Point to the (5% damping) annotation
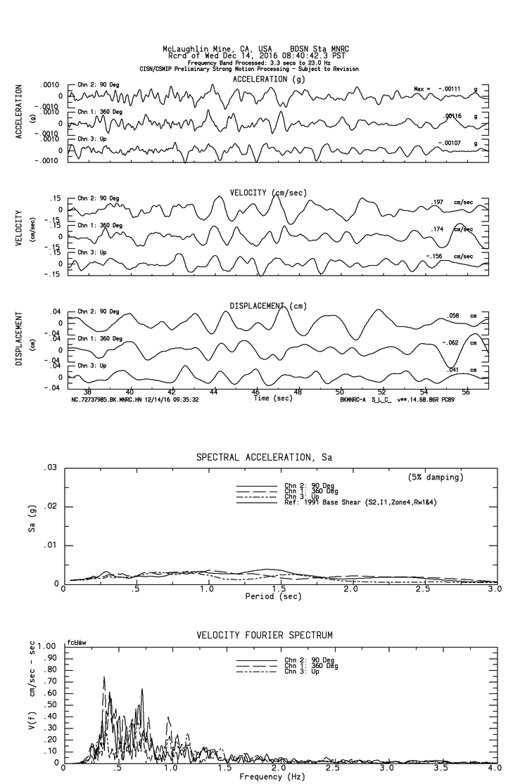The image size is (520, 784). point(436,477)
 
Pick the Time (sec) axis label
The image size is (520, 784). point(273,399)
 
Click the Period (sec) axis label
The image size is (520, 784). point(274,596)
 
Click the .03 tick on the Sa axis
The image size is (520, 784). point(51,468)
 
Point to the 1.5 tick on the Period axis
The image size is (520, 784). point(279,589)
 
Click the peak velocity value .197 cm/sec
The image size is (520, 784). point(437,203)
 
